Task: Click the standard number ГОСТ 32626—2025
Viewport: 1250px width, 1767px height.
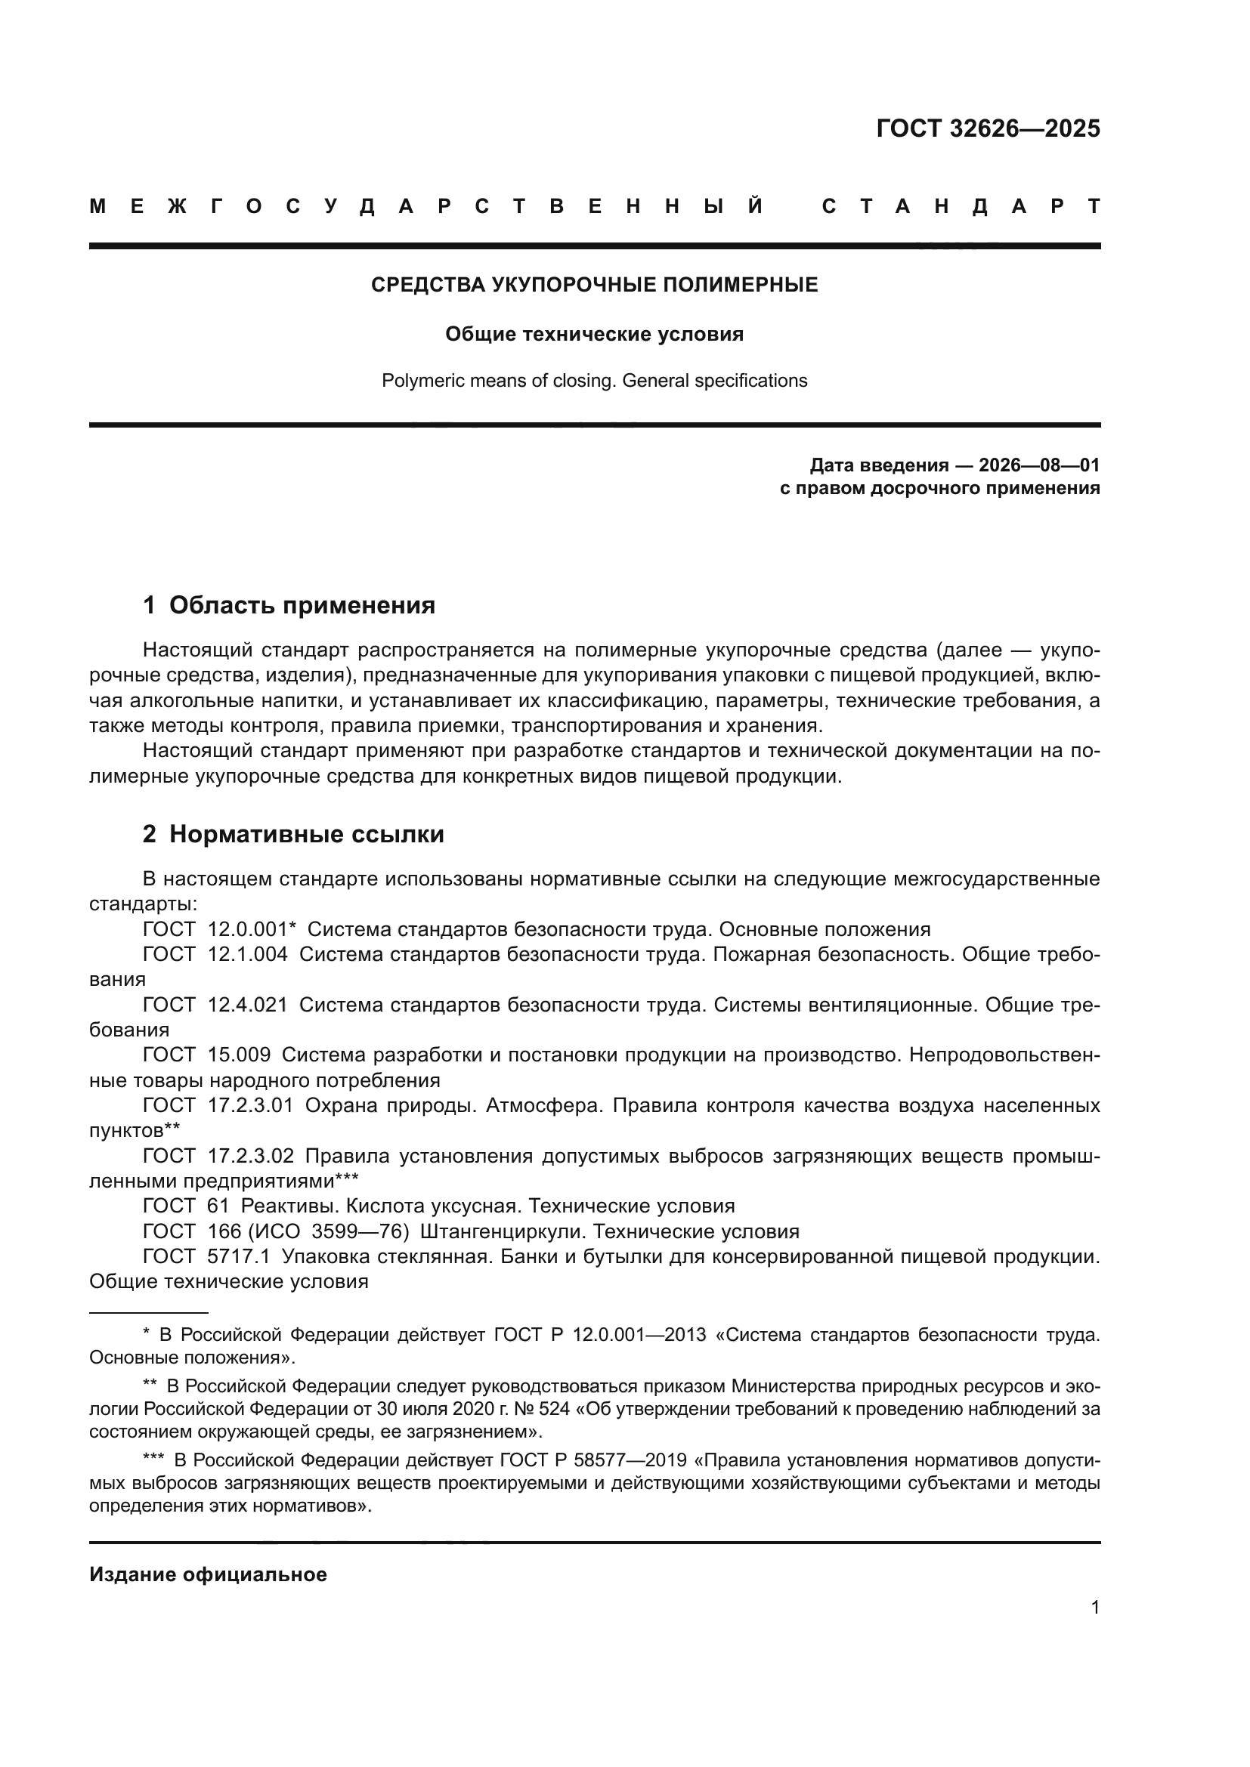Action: (x=988, y=128)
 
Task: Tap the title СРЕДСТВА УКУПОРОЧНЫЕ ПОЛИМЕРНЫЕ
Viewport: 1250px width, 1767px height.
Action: (x=594, y=285)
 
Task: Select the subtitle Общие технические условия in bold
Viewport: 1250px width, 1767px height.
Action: (x=594, y=334)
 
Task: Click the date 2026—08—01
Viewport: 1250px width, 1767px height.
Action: (x=1039, y=465)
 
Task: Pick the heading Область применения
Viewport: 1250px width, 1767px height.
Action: (x=302, y=606)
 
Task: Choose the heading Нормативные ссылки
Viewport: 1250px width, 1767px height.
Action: (x=306, y=834)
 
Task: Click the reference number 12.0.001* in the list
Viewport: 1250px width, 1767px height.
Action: (x=252, y=929)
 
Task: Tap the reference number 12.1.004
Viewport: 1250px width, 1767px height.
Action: (x=247, y=954)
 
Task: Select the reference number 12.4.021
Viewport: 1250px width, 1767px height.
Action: (x=247, y=1004)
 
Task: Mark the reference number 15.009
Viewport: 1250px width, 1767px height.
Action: (x=239, y=1055)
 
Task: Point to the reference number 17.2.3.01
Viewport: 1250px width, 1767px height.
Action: (x=251, y=1105)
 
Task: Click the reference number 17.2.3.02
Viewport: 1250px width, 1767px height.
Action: (x=251, y=1155)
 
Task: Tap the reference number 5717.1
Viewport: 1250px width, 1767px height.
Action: (x=239, y=1256)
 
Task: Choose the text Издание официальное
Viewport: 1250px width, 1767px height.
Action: (x=208, y=1574)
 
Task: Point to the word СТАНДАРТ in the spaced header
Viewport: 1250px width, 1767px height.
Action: (x=961, y=206)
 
